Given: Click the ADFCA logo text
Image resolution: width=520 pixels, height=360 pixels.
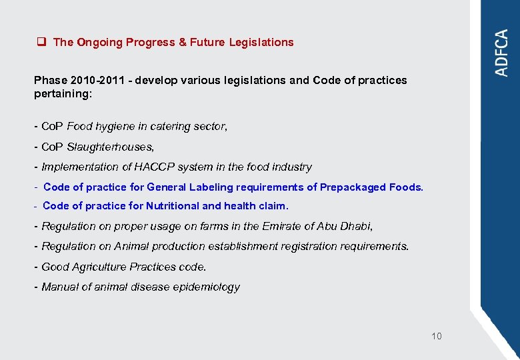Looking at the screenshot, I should point(502,53).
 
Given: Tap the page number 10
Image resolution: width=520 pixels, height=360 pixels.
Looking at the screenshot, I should point(436,336).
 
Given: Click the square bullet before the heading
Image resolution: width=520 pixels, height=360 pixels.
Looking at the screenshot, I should point(41,42).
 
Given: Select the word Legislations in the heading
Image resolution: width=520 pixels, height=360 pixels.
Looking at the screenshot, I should point(261,42).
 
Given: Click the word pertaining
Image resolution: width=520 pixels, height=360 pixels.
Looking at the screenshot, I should point(61,94).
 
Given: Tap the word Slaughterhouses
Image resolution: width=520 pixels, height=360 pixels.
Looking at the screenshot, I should point(111,147).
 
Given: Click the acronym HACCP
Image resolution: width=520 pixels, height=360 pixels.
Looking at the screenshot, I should point(158,167).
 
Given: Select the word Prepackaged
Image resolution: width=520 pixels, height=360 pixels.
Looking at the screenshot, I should point(353,187).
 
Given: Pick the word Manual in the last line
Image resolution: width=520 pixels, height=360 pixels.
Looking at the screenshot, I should point(60,287).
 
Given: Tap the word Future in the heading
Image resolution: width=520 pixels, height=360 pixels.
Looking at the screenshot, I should point(207,42).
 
